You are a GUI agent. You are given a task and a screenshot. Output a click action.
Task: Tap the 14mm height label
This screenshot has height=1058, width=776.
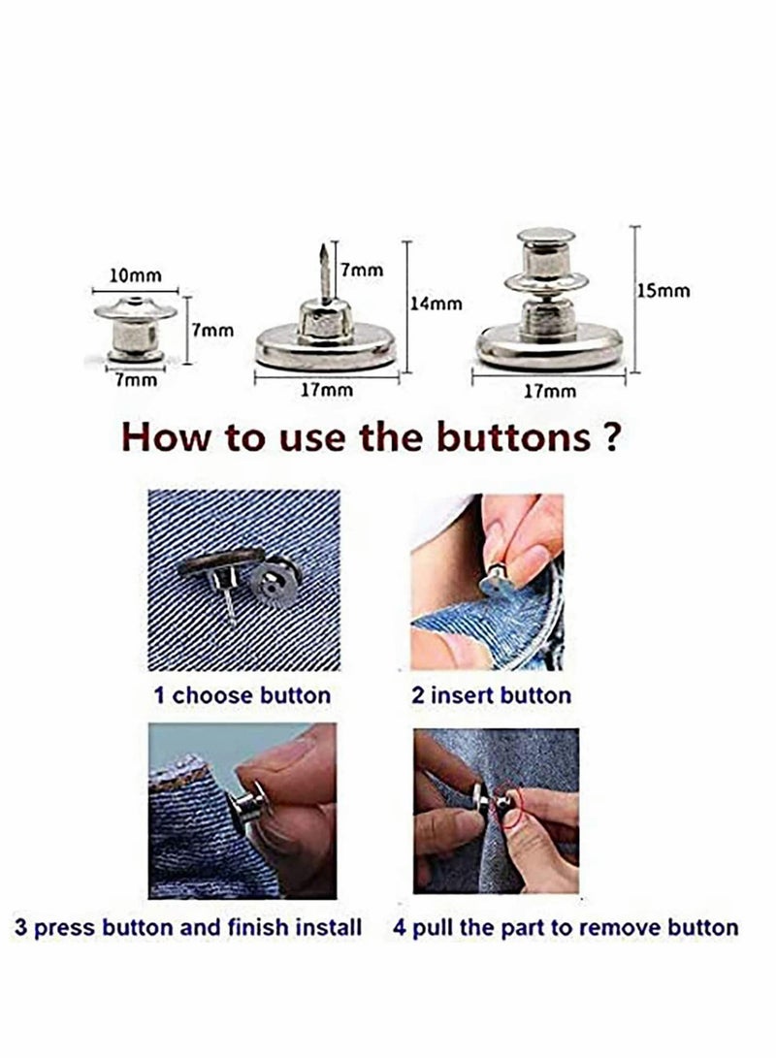coord(435,304)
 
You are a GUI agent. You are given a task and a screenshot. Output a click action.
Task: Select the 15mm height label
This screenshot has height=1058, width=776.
coord(663,290)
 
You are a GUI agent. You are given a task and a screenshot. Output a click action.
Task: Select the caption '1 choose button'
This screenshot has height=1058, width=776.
coord(242,694)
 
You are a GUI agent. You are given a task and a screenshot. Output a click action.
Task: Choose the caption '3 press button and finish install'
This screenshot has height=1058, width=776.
coord(188,926)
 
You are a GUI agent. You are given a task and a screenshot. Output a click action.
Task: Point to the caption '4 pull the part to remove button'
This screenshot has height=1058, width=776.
coord(566,926)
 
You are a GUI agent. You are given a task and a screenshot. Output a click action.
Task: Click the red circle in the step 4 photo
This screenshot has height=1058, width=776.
coord(511,805)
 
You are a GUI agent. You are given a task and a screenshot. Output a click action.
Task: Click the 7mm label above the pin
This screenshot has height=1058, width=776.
coord(361,271)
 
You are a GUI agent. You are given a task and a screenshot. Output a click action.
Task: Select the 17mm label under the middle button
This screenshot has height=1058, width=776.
coord(324,391)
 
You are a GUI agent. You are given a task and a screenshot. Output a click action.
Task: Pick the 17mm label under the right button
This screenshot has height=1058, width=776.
coord(549,391)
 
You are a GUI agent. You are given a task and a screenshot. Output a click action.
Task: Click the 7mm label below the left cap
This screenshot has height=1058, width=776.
coord(135,380)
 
